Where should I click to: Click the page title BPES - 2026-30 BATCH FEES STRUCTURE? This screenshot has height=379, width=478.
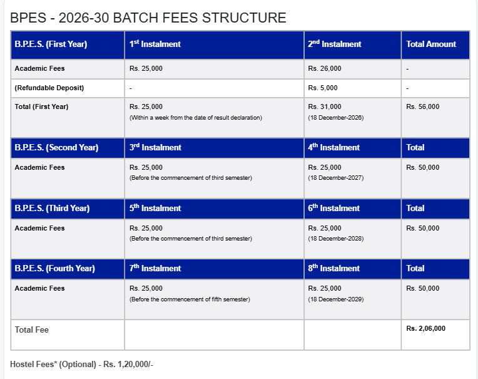(148, 18)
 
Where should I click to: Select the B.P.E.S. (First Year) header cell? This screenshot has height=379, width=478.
(51, 44)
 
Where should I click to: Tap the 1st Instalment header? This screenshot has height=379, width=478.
(155, 44)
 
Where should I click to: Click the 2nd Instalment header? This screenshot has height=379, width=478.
(334, 44)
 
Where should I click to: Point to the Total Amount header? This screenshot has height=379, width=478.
(431, 44)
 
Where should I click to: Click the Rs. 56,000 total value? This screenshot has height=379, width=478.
(423, 106)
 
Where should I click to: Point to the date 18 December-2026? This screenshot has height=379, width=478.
(336, 118)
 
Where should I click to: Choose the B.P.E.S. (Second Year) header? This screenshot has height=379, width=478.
(56, 148)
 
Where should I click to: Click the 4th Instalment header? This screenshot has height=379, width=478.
(333, 148)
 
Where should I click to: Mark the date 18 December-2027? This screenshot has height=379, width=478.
(336, 179)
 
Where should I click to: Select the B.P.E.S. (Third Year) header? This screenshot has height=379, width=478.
(52, 209)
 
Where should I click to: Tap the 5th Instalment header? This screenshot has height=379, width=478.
(155, 209)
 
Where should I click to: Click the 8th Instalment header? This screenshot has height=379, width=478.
(333, 269)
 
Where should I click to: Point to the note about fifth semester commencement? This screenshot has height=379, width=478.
(190, 299)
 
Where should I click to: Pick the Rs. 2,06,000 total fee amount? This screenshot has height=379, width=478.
(426, 328)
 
